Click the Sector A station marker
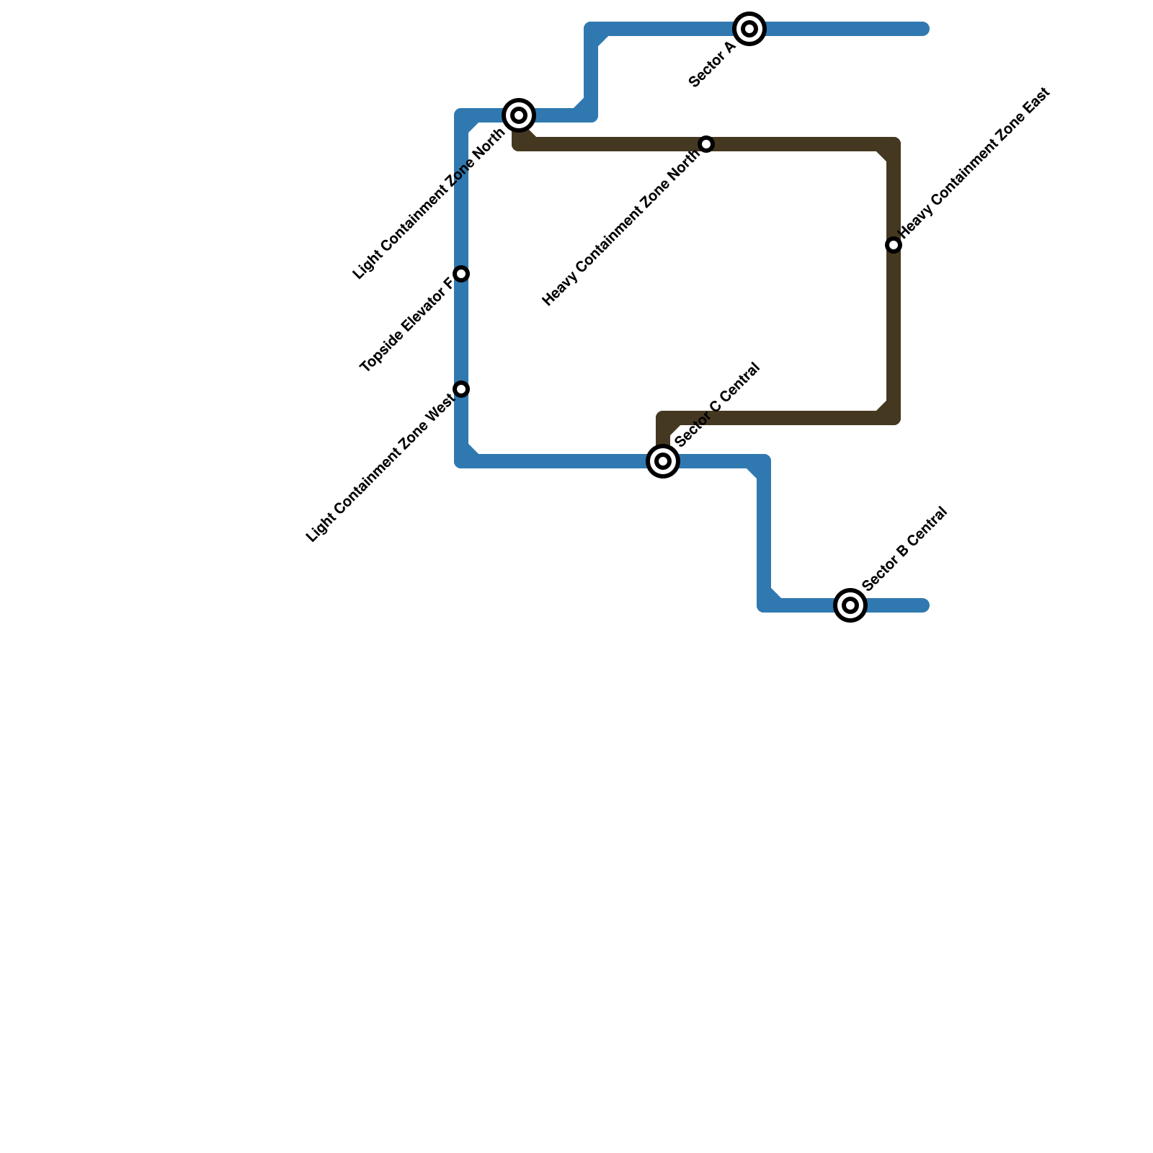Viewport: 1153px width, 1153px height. click(x=749, y=29)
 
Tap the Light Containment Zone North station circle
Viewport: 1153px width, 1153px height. click(x=519, y=115)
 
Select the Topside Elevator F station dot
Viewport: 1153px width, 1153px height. click(x=462, y=274)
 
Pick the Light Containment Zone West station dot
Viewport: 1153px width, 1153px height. click(x=462, y=389)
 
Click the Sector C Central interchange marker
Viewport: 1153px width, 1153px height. click(x=663, y=461)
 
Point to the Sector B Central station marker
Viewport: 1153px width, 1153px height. click(x=850, y=605)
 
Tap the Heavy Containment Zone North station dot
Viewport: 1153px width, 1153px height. click(x=706, y=144)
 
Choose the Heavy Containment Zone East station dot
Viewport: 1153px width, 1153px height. click(x=894, y=245)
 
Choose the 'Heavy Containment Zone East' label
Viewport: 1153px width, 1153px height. click(x=975, y=161)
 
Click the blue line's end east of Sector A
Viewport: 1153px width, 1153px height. click(x=923, y=29)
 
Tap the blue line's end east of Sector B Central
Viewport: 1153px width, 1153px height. click(x=923, y=605)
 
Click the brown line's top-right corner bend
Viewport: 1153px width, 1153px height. click(x=894, y=144)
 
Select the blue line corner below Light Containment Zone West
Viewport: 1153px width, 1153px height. click(x=462, y=461)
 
